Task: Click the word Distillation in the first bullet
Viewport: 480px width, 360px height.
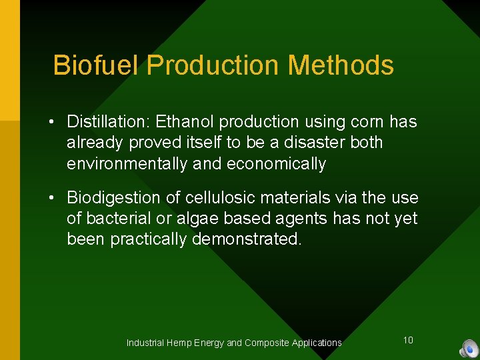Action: [108, 122]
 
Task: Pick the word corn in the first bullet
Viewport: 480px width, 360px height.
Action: [368, 122]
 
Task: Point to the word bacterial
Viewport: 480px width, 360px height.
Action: [115, 219]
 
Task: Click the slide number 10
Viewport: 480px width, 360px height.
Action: [408, 340]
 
